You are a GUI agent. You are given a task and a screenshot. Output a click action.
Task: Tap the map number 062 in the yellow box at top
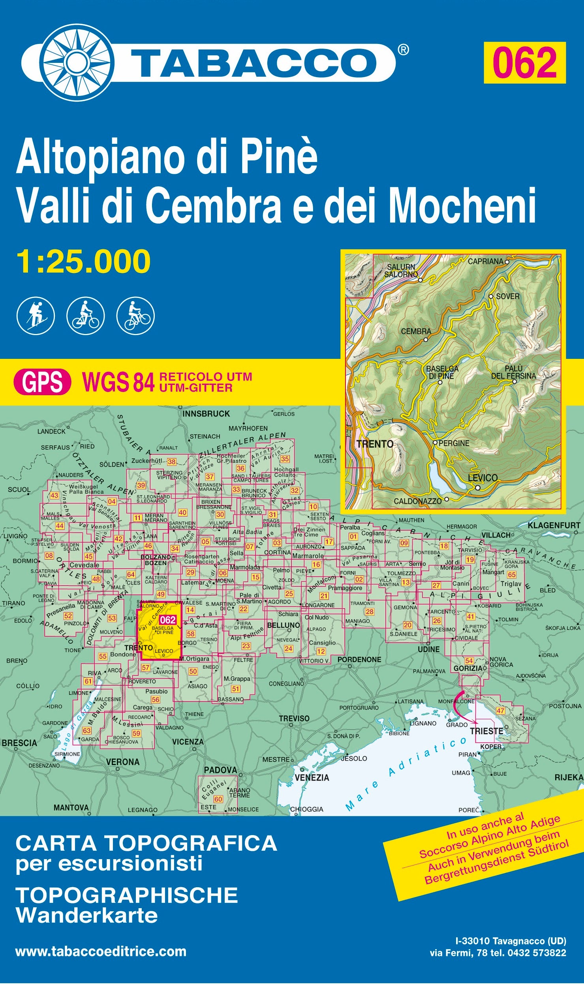point(524,63)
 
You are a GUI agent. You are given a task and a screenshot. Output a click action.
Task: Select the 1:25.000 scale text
point(83,262)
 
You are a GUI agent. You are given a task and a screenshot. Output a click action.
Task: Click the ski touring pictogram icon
point(36,316)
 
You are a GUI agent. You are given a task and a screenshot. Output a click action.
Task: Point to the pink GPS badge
point(42,382)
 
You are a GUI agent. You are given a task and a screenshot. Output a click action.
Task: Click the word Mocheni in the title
point(462,205)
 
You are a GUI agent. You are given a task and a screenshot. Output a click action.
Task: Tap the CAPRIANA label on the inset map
point(485,261)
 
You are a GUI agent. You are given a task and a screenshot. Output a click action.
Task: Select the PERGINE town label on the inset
point(454,443)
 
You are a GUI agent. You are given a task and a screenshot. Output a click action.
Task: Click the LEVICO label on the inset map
point(482,478)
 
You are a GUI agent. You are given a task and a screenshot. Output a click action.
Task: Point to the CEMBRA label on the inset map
point(416,332)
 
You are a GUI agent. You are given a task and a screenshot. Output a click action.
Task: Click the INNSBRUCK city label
point(206,414)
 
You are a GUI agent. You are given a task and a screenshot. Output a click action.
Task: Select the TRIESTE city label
point(486,731)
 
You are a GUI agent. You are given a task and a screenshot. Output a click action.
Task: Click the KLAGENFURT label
point(554,526)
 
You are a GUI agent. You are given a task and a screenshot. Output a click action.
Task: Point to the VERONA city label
point(122,762)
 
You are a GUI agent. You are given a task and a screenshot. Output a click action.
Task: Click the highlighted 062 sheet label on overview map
point(168,620)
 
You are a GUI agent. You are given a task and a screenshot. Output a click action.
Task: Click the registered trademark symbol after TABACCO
point(403,50)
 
